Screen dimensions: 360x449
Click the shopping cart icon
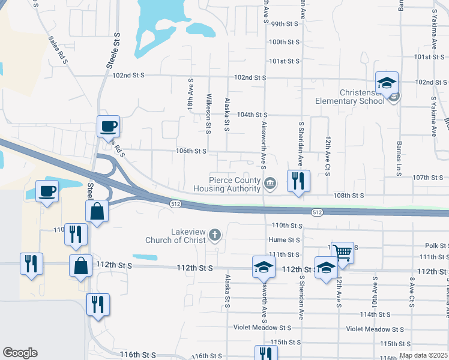(x=342, y=253)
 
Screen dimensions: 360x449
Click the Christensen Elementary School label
(x=354, y=97)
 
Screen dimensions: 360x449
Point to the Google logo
(x=20, y=353)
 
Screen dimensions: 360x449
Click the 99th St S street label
(x=285, y=24)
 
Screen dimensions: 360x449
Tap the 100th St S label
(x=285, y=43)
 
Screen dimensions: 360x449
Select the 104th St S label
(x=252, y=115)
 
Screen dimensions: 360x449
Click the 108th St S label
(x=350, y=196)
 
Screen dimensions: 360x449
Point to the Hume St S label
(x=285, y=239)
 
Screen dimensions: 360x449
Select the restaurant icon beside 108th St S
(x=298, y=180)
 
